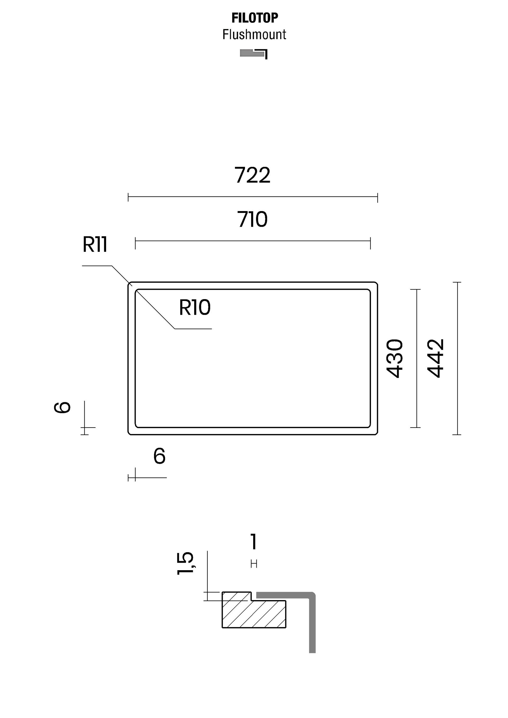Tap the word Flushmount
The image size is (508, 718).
(254, 34)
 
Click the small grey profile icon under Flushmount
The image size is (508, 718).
(254, 54)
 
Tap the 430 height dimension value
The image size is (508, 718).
(394, 358)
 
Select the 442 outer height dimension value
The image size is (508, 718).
(436, 358)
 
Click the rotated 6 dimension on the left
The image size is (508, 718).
(62, 408)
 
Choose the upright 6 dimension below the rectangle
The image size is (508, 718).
(159, 456)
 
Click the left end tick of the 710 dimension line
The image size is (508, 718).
(135, 243)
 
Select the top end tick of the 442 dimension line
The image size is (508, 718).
(457, 282)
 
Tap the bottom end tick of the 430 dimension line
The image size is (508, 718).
(415, 427)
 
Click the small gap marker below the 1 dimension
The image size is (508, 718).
(254, 564)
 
